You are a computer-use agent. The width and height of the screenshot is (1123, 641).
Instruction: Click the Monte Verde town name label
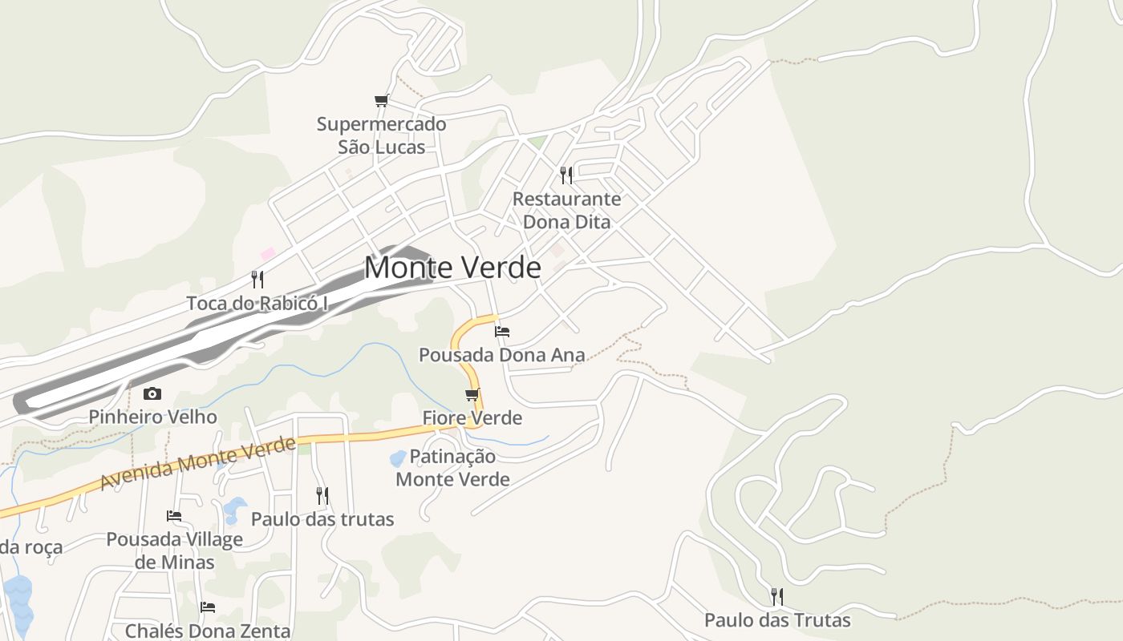tap(452, 267)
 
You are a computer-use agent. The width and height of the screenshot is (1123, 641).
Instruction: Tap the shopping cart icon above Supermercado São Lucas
tap(382, 101)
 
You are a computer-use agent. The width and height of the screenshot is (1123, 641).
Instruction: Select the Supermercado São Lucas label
tap(381, 135)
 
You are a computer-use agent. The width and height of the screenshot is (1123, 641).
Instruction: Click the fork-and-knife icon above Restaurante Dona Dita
tap(566, 175)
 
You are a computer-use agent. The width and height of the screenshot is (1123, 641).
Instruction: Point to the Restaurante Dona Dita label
tap(566, 210)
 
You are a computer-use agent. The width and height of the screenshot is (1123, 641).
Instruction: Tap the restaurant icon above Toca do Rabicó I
tap(257, 280)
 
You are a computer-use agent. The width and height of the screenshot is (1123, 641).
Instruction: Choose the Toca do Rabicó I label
tap(257, 304)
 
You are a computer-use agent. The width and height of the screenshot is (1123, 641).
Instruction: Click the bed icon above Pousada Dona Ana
tap(502, 331)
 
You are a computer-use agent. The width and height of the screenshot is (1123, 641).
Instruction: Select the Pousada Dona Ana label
tap(502, 354)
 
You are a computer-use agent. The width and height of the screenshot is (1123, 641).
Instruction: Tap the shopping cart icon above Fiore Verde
tap(472, 394)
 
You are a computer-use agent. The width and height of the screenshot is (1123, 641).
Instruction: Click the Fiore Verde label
tap(472, 417)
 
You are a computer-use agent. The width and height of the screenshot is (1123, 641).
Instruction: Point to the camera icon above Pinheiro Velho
tap(152, 393)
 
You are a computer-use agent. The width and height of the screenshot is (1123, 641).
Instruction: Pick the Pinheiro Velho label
tap(152, 417)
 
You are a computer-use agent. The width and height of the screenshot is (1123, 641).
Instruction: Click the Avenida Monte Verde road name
tap(197, 465)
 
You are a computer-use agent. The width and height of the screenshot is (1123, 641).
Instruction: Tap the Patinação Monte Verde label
tap(453, 468)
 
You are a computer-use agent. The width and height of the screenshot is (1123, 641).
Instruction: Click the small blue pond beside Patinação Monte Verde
tap(397, 459)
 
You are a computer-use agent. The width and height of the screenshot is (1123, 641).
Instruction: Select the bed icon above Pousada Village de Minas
tap(174, 516)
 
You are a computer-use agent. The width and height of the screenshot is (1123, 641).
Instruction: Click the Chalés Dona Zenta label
tap(208, 631)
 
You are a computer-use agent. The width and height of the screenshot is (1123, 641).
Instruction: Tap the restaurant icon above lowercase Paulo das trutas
tap(322, 496)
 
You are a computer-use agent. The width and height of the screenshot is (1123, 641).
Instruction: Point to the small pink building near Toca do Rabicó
tap(268, 253)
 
